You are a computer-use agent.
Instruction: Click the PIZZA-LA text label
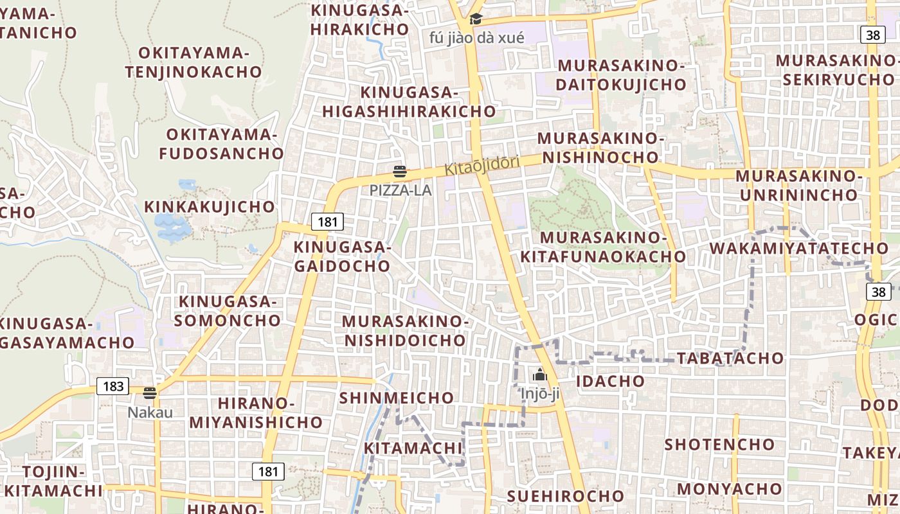400,190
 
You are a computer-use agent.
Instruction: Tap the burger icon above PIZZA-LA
400,172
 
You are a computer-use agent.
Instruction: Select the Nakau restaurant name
150,412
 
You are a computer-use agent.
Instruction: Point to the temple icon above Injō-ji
540,375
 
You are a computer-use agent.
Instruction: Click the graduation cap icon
476,19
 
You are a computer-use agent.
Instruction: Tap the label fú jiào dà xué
476,37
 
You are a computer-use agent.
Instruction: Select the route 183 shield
113,386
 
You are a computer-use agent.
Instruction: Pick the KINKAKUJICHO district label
210,207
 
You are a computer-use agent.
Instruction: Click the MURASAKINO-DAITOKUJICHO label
621,75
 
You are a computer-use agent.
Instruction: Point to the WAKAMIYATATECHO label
798,248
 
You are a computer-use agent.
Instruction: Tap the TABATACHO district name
730,358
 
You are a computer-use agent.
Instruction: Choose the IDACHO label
610,381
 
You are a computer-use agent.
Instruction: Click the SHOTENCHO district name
719,444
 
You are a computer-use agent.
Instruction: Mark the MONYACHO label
730,488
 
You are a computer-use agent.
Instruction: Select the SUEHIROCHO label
565,495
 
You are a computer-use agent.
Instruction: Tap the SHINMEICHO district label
397,398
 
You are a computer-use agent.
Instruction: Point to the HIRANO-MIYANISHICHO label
256,412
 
